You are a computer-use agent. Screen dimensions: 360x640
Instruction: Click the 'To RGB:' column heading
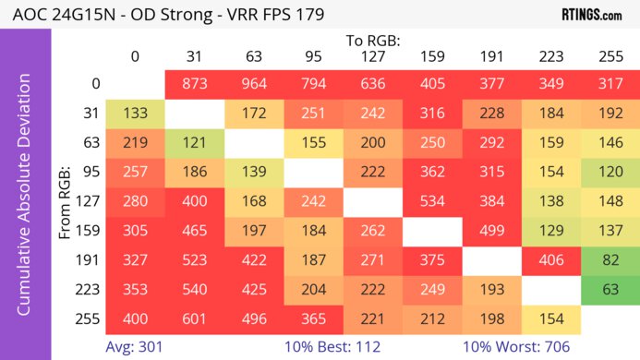[373, 41]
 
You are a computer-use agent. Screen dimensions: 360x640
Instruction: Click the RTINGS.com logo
[591, 15]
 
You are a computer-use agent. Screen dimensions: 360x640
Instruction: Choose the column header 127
[373, 57]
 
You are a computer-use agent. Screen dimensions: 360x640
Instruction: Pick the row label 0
[94, 84]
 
